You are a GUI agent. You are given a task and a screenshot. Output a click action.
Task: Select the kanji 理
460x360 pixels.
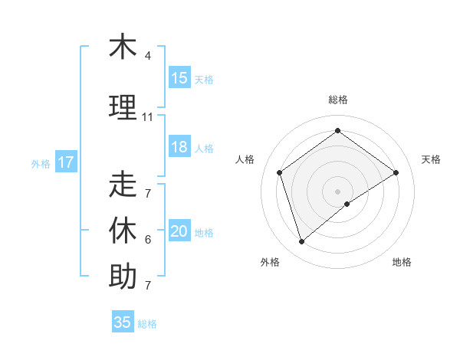point(123,107)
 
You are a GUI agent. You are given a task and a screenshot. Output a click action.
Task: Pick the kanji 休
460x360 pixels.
point(123,231)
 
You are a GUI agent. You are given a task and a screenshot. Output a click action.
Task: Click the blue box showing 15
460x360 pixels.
point(179,78)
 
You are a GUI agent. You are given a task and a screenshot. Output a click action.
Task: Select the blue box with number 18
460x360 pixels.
point(179,147)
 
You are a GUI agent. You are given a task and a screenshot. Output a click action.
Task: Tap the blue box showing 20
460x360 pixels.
point(179,232)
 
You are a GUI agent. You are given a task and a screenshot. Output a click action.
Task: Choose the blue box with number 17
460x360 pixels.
point(66,162)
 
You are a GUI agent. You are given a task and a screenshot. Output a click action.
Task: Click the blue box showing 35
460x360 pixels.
point(123,322)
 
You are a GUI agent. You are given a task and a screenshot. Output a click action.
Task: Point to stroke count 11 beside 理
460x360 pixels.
point(148,117)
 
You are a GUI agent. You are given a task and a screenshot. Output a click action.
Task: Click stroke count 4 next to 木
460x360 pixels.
point(148,56)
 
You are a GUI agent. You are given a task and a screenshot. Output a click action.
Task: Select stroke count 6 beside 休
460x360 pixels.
point(148,240)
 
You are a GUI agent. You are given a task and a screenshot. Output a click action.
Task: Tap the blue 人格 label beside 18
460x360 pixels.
point(204,148)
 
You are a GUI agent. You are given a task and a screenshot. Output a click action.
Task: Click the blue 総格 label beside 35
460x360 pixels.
point(147,323)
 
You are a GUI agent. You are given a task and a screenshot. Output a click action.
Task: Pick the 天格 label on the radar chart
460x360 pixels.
point(432,159)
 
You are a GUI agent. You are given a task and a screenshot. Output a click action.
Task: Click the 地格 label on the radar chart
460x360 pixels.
point(402,262)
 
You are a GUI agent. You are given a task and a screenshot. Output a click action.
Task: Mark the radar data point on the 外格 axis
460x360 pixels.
point(301,242)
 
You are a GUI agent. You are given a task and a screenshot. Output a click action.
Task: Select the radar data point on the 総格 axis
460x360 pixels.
point(337,131)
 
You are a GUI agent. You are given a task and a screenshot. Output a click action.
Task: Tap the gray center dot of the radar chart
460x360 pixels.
point(337,191)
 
